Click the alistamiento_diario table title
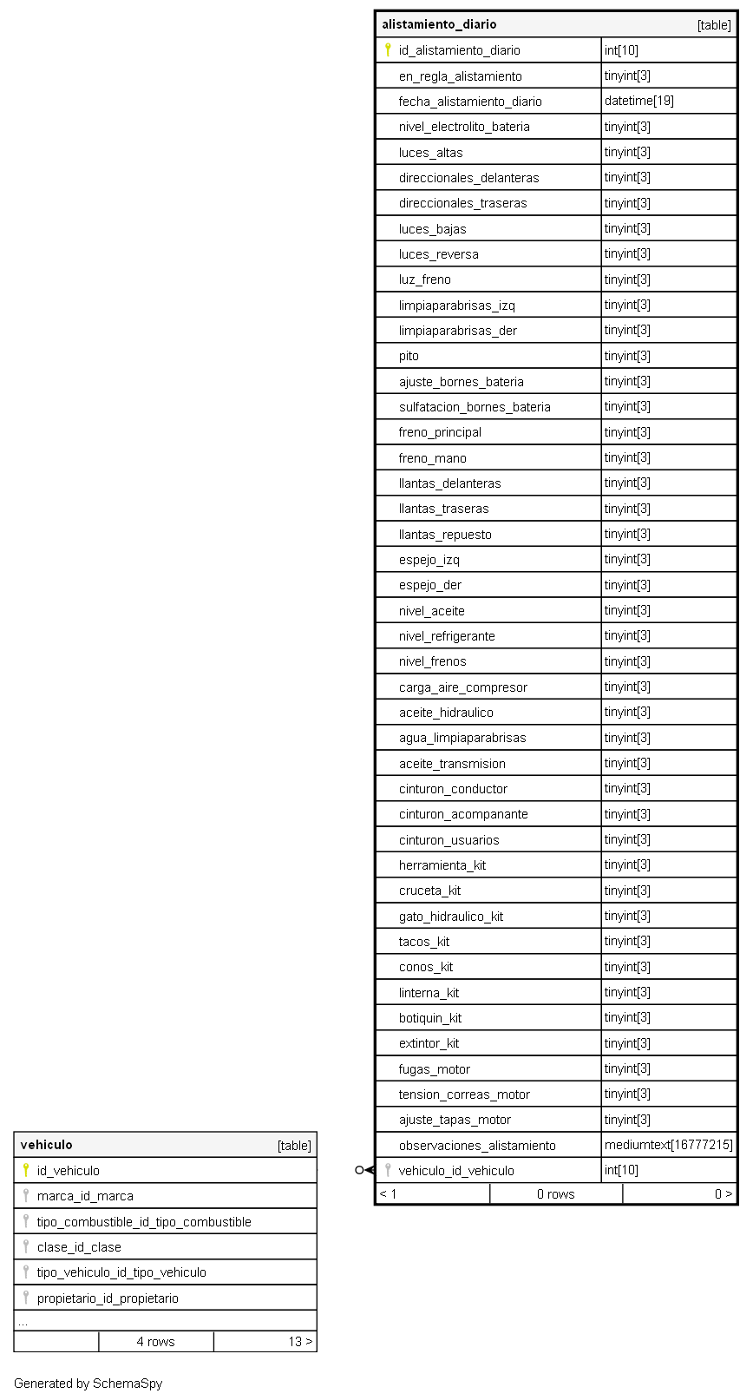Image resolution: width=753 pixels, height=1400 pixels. (x=439, y=24)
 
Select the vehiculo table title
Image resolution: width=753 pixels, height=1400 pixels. (x=47, y=1145)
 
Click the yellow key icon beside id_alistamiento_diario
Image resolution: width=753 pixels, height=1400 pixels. (x=388, y=50)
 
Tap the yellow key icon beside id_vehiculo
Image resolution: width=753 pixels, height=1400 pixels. (x=26, y=1170)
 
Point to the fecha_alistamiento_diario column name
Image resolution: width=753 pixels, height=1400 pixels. (x=470, y=102)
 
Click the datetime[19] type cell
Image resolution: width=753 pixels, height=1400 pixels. (x=638, y=101)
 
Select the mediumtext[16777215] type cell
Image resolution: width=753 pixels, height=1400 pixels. (x=668, y=1145)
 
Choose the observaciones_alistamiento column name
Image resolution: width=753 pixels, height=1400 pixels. (x=477, y=1146)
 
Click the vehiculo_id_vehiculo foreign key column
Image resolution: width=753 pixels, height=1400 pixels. (x=456, y=1171)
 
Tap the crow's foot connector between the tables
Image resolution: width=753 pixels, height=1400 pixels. (x=363, y=1170)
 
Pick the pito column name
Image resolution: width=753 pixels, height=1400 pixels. (x=409, y=356)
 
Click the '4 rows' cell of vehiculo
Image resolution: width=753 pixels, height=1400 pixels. (x=156, y=1342)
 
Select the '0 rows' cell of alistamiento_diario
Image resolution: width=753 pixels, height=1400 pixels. (x=555, y=1194)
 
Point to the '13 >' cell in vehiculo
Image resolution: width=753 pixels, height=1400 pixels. (x=300, y=1342)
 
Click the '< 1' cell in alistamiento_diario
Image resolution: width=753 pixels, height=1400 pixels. (x=389, y=1194)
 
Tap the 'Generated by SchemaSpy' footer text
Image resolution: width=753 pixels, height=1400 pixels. (x=88, y=1384)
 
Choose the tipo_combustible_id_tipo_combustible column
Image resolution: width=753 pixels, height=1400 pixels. (x=144, y=1222)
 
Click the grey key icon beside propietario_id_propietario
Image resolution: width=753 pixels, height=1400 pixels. (x=26, y=1298)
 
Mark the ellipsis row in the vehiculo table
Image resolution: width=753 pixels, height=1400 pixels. (x=23, y=1322)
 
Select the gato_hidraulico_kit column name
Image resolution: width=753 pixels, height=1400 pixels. (x=451, y=917)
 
